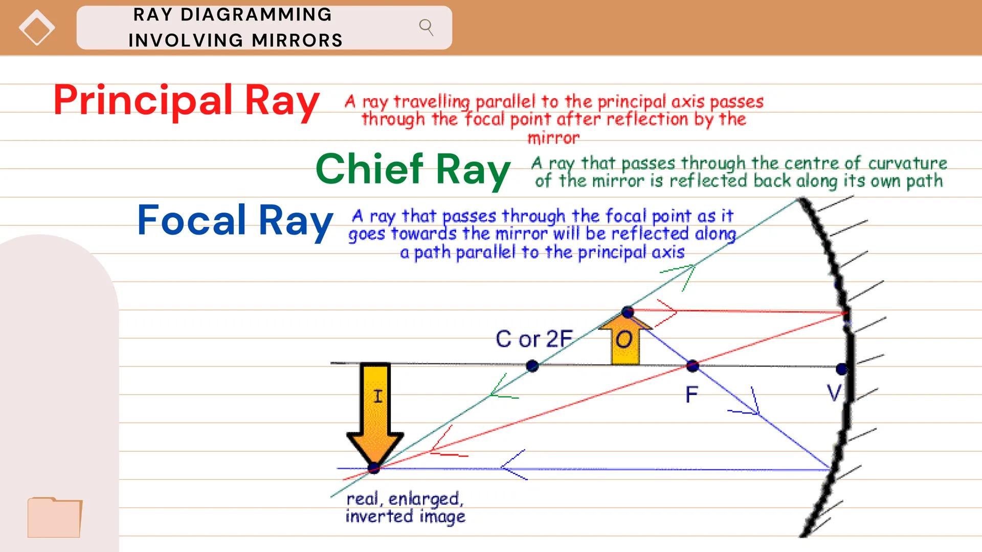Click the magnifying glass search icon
point(426,27)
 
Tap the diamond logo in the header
point(37,28)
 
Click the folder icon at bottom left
point(55,517)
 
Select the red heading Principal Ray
point(186,100)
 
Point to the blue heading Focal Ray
point(235,220)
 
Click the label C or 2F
point(533,339)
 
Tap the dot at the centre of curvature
point(532,366)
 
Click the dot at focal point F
point(693,365)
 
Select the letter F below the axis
point(691,395)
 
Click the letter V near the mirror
point(834,393)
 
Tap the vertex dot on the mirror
point(841,369)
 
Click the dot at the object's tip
point(628,312)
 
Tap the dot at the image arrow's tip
point(374,468)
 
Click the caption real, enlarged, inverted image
point(405,507)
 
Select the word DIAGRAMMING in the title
point(256,15)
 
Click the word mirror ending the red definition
point(553,138)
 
